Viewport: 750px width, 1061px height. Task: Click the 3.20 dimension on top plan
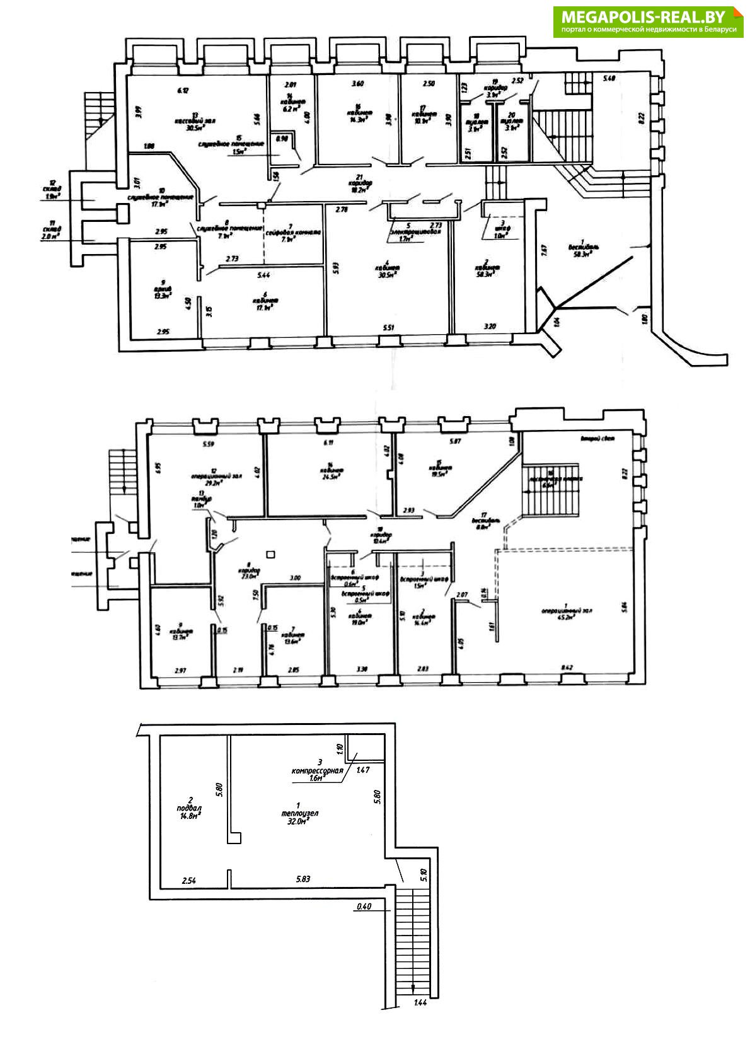coord(490,327)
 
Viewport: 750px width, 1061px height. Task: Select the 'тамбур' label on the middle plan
coord(202,498)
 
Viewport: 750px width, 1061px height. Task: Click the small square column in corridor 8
coord(271,554)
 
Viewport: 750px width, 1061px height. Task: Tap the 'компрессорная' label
coord(318,770)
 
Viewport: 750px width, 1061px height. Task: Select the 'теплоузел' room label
coord(300,813)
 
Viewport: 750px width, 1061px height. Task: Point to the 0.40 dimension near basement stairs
coord(364,907)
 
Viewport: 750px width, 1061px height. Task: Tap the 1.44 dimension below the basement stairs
coord(421,1003)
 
